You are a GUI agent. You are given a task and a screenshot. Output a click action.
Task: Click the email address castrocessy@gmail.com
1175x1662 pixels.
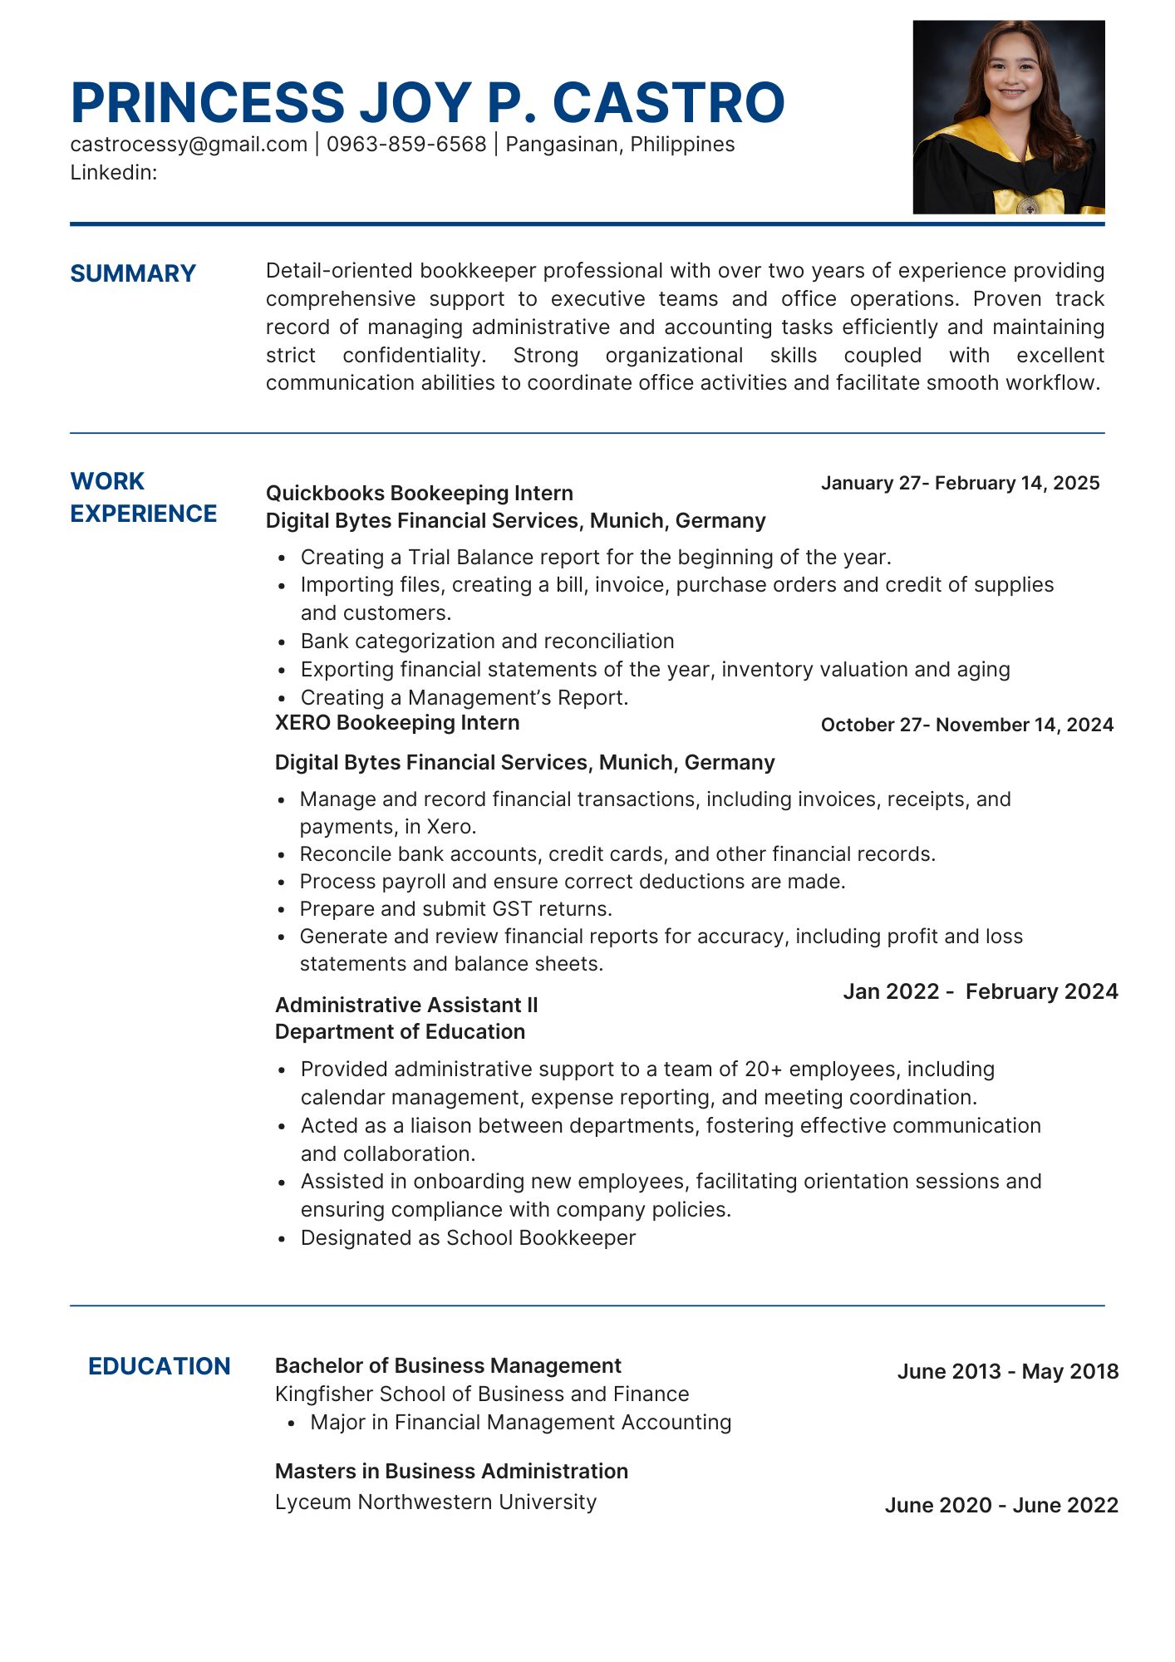[189, 145]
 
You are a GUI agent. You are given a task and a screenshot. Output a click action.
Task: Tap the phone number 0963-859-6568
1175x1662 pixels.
[406, 145]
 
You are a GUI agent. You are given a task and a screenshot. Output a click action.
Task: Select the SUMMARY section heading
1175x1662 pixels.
[133, 273]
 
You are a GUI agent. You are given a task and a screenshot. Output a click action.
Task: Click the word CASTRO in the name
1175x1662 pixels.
[668, 103]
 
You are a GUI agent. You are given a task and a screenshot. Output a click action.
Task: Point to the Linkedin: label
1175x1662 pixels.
[114, 173]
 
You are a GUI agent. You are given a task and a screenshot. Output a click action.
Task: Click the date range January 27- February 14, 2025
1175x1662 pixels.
[960, 484]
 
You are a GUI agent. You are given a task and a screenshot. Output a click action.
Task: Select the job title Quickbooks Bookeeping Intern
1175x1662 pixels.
[419, 494]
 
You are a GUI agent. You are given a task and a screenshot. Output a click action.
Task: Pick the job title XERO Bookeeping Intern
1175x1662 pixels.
[397, 723]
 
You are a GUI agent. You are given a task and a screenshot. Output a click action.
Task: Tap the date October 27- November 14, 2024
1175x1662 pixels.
[966, 725]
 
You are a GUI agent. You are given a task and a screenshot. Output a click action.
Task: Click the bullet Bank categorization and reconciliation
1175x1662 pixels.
[487, 642]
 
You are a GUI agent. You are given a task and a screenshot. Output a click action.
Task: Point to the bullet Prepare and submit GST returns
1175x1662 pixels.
[455, 909]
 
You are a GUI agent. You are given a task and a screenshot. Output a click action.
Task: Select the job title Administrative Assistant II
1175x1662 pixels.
[406, 1006]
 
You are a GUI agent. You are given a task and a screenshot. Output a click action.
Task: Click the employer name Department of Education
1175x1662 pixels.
[400, 1032]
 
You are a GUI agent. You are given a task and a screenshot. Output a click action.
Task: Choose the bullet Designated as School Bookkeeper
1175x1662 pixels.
[468, 1238]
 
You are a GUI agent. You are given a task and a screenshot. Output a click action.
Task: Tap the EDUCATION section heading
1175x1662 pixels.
[159, 1367]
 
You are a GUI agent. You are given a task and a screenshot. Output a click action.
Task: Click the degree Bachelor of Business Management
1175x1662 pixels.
[448, 1366]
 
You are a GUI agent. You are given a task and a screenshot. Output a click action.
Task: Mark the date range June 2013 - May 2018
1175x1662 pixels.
[1007, 1372]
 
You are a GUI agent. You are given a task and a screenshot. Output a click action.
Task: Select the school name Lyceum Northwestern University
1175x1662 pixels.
[435, 1502]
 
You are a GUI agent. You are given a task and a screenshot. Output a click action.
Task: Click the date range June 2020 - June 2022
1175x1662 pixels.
[1000, 1506]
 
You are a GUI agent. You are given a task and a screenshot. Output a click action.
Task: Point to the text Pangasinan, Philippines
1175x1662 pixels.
[620, 145]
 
